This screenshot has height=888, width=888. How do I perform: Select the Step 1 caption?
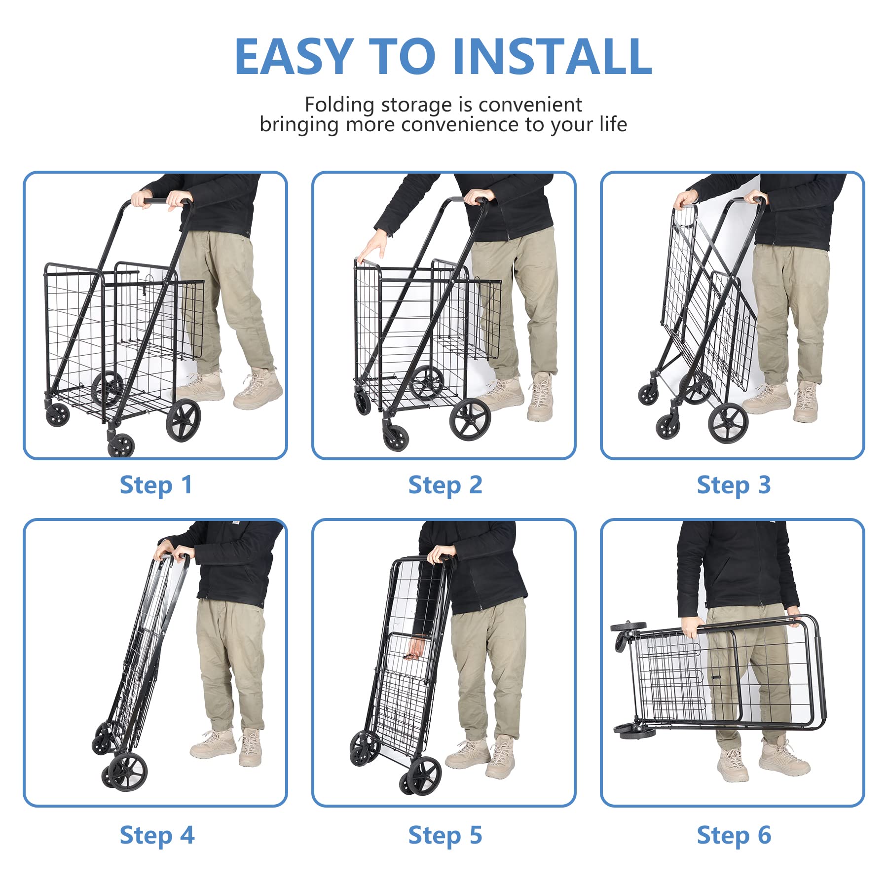(x=155, y=485)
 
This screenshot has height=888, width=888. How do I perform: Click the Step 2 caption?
(x=444, y=485)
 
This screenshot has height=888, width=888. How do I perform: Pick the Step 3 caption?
(x=733, y=485)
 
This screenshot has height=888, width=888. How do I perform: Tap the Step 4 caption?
(x=156, y=835)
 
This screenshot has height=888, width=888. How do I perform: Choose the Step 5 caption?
(x=444, y=835)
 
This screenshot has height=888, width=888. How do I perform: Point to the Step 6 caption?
(x=733, y=835)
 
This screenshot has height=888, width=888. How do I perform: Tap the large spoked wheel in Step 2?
(x=469, y=419)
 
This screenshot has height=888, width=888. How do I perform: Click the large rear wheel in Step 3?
(x=728, y=423)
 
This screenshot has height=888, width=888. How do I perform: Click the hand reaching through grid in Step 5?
(x=416, y=648)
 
